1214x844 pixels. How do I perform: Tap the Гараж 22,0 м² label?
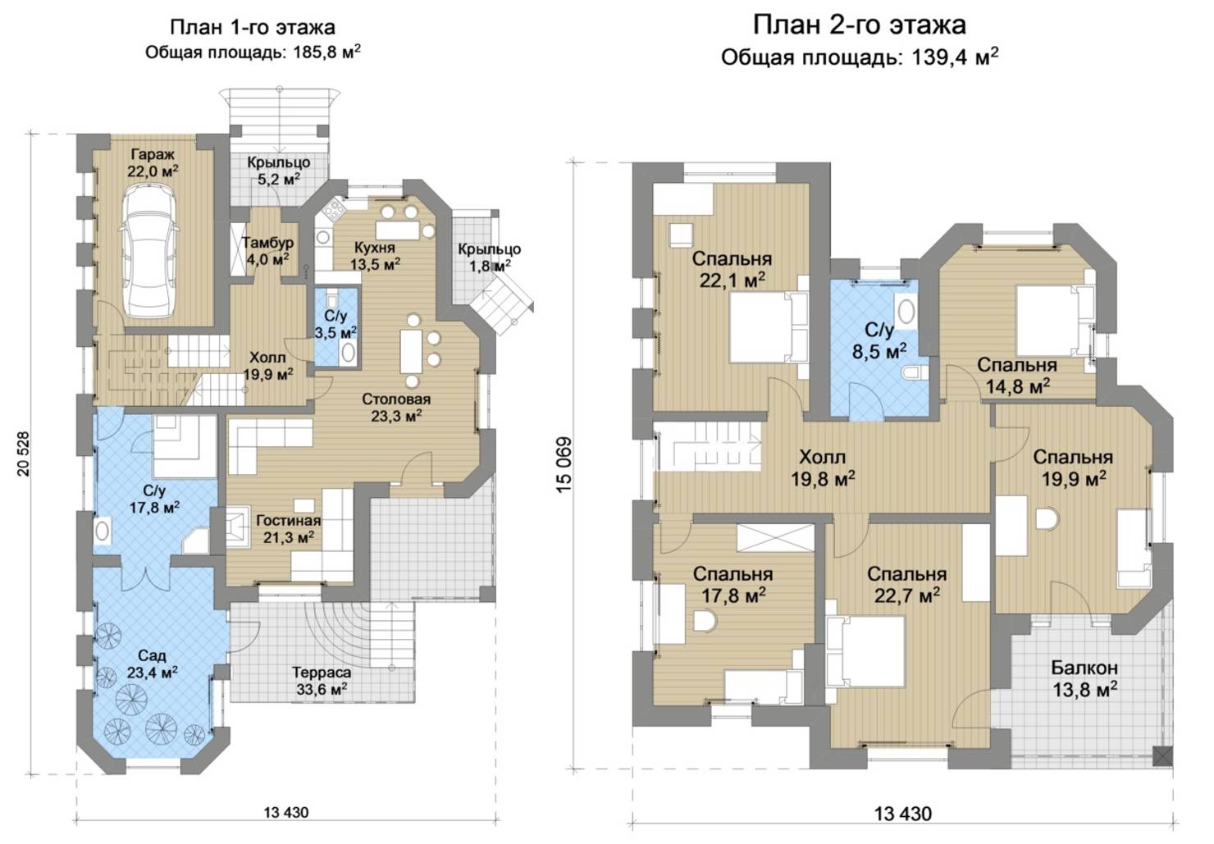(x=153, y=162)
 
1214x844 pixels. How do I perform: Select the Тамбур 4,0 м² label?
(x=267, y=250)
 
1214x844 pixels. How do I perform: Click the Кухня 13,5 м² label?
(x=375, y=256)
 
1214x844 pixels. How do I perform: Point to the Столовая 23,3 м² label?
(x=396, y=408)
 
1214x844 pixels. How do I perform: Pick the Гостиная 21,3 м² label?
(x=289, y=529)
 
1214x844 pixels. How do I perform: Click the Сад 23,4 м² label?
(x=153, y=664)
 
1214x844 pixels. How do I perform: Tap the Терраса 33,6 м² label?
(x=322, y=681)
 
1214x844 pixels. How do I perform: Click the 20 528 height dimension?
(x=24, y=454)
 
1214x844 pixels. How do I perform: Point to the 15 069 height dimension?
(x=564, y=465)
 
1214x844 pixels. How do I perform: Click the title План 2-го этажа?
(x=860, y=25)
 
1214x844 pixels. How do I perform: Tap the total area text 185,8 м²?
(x=326, y=52)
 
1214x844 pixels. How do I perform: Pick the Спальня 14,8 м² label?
(x=1017, y=375)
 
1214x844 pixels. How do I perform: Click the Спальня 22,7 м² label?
(x=906, y=584)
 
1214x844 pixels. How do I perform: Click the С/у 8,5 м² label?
(x=879, y=340)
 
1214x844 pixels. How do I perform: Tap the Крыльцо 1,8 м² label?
(x=489, y=258)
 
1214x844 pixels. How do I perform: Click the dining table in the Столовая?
(x=411, y=351)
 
